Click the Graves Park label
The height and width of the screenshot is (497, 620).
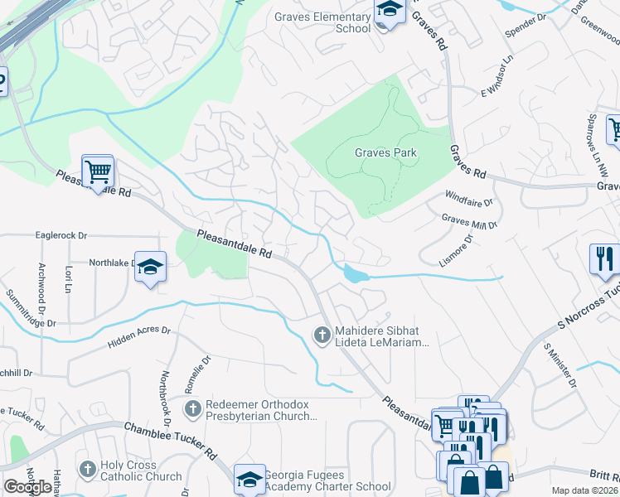tap(385, 153)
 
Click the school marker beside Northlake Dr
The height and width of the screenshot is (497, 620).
tap(150, 267)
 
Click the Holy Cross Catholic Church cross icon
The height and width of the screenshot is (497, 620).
tap(88, 470)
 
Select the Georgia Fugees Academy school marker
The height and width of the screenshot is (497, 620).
tap(249, 479)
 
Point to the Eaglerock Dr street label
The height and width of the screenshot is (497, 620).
tap(61, 235)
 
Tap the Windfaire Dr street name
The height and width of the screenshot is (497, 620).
tap(468, 201)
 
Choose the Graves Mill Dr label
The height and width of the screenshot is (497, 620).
tap(469, 222)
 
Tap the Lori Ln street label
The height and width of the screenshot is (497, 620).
tap(65, 280)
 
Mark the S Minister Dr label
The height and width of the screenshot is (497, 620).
tap(559, 365)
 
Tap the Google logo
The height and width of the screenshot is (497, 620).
tap(27, 487)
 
